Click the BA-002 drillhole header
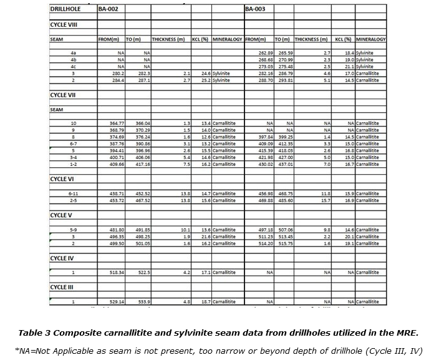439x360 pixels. (109, 9)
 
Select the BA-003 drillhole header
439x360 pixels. (256, 9)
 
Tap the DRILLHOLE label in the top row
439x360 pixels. (68, 9)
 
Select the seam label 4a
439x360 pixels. (74, 53)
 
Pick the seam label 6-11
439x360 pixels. (74, 193)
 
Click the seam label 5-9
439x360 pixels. (74, 230)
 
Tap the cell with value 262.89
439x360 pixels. (266, 53)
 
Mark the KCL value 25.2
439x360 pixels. (205, 80)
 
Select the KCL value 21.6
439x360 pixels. (205, 236)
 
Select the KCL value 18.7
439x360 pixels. (205, 302)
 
